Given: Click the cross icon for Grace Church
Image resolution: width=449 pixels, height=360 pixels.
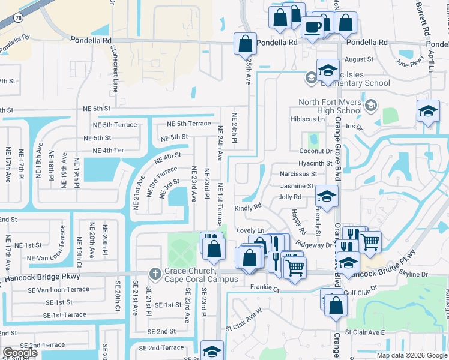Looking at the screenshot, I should [155, 274].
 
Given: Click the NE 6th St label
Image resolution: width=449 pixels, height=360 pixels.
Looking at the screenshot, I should [97, 108].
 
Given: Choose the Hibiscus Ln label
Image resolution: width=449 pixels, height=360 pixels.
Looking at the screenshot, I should [307, 119].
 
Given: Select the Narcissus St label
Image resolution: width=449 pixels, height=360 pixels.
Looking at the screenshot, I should [297, 174].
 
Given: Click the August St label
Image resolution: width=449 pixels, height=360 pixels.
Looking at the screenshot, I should [359, 59].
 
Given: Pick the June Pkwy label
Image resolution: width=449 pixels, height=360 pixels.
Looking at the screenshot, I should [408, 61].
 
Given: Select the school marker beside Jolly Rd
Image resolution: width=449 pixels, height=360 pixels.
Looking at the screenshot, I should [327, 197].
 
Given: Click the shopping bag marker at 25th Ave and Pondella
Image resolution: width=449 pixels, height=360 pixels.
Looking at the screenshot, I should [245, 44].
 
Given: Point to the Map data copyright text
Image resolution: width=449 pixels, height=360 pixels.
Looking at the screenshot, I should [412, 355].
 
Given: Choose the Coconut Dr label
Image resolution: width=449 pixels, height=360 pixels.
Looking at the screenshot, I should [315, 151].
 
